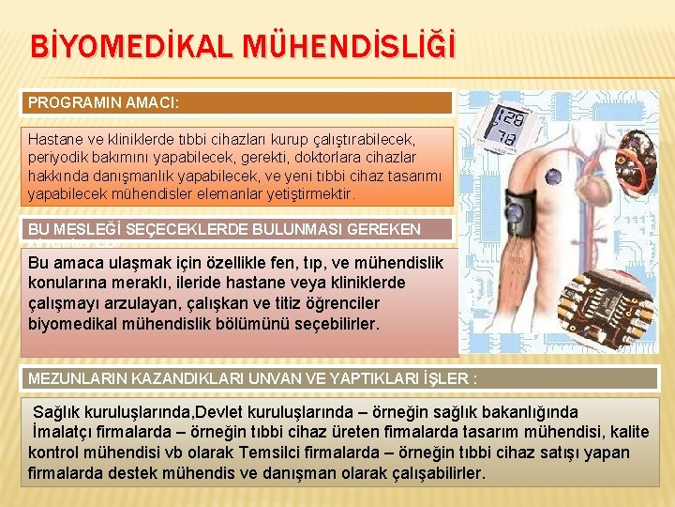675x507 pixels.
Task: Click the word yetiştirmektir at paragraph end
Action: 308,194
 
